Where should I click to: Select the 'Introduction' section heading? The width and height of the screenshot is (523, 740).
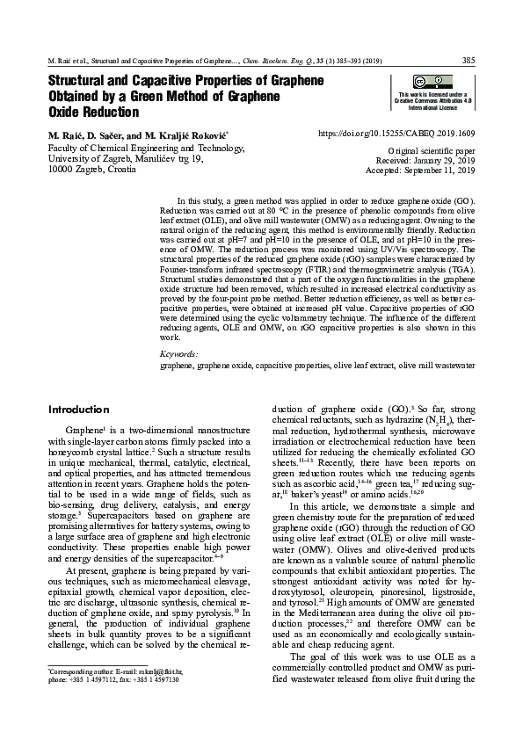pos(79,410)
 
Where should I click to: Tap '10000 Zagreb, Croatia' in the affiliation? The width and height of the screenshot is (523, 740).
pos(91,169)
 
